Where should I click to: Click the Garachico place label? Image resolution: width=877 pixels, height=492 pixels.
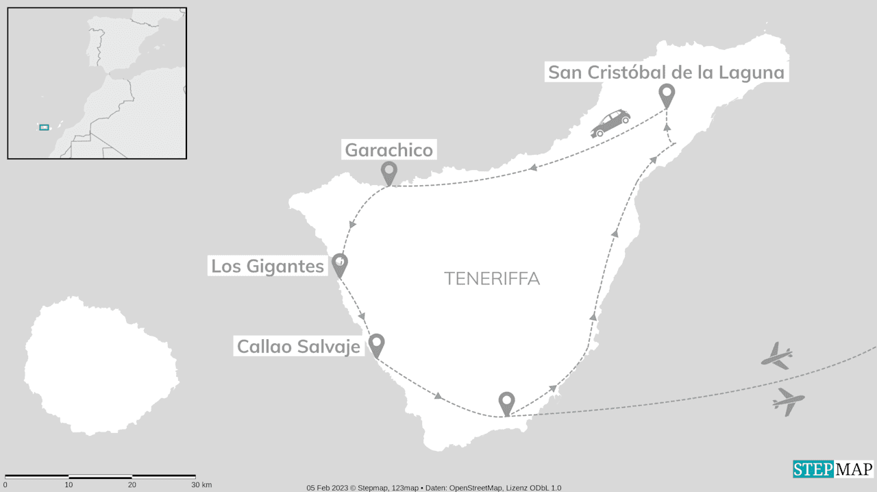coord(389,150)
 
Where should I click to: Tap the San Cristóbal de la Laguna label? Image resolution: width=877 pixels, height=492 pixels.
coord(666,73)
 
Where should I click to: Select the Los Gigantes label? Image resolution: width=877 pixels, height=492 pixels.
coord(267,266)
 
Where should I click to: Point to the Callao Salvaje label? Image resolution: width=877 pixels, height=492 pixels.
coord(298,347)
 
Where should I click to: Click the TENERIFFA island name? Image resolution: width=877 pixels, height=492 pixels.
coord(491,279)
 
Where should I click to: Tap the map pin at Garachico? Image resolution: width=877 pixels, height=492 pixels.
coord(389,173)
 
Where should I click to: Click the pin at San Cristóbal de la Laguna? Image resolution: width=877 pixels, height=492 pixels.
coord(667,95)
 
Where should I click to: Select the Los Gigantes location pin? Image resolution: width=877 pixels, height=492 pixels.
coord(339,265)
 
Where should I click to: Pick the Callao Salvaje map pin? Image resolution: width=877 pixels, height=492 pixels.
coord(376,345)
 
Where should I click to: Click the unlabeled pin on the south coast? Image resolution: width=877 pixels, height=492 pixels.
coord(506,402)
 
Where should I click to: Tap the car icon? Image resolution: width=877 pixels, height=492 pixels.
coord(610,123)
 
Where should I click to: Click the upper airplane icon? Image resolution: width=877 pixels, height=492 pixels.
coord(778,356)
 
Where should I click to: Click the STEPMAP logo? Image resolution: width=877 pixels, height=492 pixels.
coord(833,469)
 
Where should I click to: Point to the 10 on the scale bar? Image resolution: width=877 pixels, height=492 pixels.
coord(69,485)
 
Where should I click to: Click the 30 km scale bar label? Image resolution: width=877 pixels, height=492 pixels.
coord(201,485)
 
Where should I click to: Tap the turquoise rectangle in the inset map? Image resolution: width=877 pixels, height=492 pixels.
coord(45,127)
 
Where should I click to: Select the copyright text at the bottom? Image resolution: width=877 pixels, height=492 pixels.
coord(434,488)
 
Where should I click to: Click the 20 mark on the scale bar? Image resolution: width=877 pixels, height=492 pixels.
coord(132,485)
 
